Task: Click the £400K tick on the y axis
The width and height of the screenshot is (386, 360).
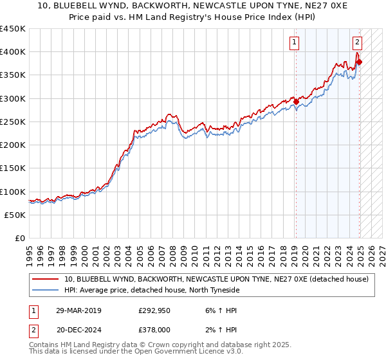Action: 12,52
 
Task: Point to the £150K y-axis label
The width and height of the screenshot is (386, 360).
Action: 12,168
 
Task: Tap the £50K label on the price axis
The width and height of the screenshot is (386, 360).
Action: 15,215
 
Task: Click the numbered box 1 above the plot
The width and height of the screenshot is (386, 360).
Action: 294,43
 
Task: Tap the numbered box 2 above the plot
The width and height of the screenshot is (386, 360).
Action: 357,43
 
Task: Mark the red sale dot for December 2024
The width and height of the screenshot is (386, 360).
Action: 359,62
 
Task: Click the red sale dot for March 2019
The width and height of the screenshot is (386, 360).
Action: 296,102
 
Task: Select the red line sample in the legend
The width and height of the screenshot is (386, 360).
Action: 46,279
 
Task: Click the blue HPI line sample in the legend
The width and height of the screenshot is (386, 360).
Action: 46,290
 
